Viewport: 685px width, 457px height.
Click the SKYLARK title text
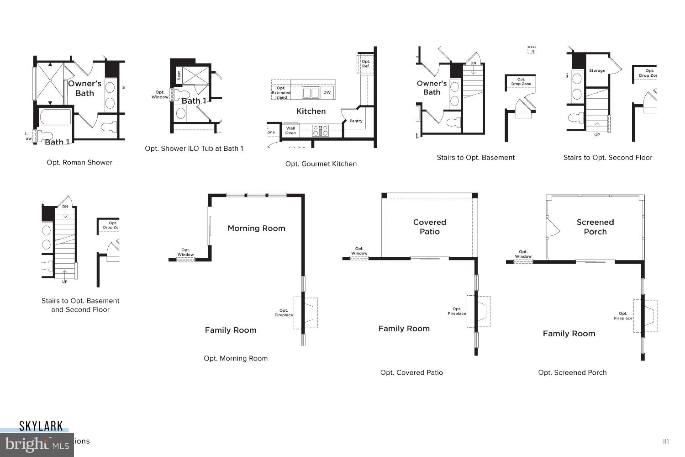(41, 426)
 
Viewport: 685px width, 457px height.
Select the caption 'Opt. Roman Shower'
(79, 162)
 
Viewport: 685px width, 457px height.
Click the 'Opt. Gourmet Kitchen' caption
(321, 164)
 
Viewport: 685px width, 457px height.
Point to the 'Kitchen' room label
(311, 111)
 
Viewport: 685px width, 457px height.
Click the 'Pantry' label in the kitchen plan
(356, 121)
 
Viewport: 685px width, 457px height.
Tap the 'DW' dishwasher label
(327, 92)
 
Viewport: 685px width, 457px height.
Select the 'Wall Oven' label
(290, 130)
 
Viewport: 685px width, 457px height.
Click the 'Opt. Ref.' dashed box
(365, 64)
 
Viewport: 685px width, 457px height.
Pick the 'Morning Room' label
(256, 228)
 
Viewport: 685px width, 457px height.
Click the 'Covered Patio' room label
(429, 227)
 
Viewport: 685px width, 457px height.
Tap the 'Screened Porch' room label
(595, 227)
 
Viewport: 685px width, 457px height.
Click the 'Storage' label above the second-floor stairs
(597, 70)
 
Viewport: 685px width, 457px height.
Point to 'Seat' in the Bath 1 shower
(179, 75)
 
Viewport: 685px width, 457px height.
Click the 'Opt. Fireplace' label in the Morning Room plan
(284, 313)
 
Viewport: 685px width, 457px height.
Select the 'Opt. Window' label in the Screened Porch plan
(523, 254)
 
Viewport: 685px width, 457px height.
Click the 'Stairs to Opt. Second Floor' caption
(607, 158)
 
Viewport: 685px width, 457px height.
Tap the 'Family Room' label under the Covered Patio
(404, 329)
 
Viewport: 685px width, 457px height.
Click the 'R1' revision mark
(666, 441)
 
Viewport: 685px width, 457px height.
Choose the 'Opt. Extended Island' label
(281, 92)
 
